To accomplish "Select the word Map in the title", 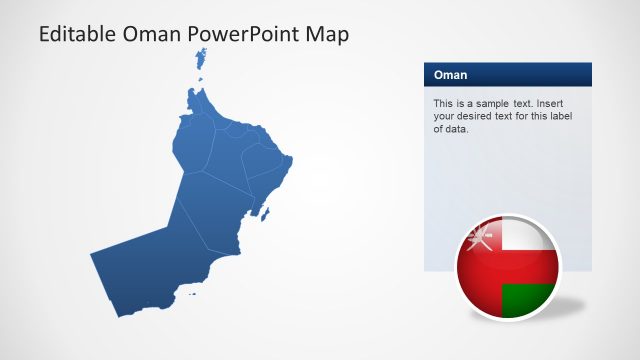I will click(329, 35).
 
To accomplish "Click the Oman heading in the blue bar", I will click(450, 75).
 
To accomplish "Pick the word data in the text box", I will click(456, 128).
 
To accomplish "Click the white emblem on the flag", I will click(480, 239).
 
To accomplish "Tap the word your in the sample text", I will click(444, 116).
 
